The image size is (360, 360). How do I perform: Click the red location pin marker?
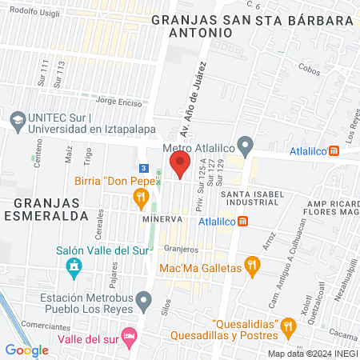[181, 166]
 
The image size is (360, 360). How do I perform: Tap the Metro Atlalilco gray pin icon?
[246, 147]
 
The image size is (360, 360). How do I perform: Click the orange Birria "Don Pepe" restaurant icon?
[141, 196]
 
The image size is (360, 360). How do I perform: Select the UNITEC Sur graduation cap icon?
[17, 118]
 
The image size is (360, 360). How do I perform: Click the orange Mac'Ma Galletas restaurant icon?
[252, 265]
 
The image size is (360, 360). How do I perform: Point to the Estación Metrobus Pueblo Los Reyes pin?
[144, 301]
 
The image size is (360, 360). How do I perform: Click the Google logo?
[26, 350]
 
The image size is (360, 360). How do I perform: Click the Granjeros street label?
[182, 249]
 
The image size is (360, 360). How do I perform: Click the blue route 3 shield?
[142, 168]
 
